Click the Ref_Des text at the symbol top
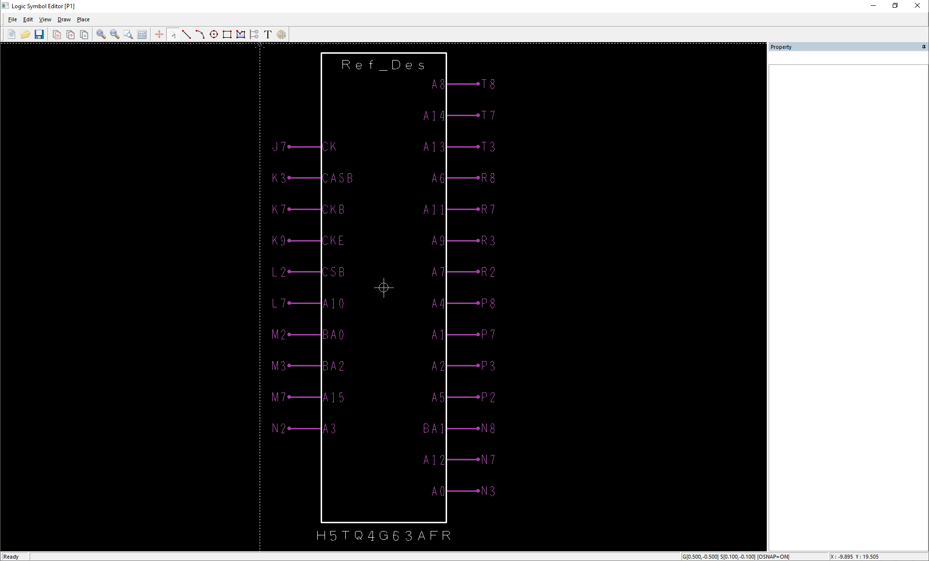tap(383, 65)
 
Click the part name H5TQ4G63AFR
tap(383, 536)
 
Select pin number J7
tap(279, 147)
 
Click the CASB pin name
tap(338, 178)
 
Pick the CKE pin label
tap(333, 241)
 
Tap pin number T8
tap(488, 84)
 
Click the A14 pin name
tap(434, 116)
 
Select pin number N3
tap(488, 491)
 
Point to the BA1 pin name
tap(434, 429)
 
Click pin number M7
tap(279, 397)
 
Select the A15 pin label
tap(333, 397)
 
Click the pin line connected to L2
tap(305, 272)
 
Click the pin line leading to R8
tap(463, 178)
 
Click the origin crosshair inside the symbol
tap(384, 288)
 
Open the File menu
tap(13, 19)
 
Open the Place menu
tap(83, 19)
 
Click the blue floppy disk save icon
tap(39, 34)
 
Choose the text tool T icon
tap(268, 34)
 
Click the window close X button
tap(917, 6)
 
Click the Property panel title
tap(781, 47)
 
